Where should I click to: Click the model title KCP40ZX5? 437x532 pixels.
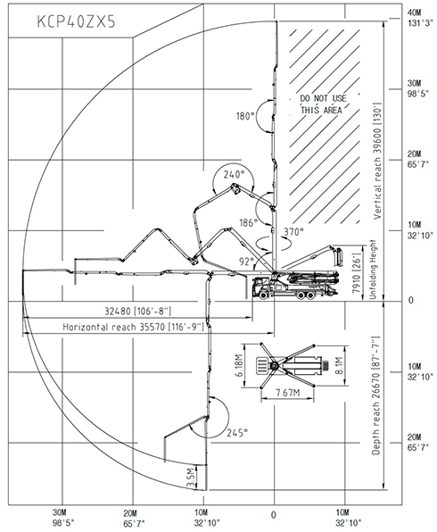pos(76,21)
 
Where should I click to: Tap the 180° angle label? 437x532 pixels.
pos(245,116)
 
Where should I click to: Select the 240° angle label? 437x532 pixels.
pos(234,174)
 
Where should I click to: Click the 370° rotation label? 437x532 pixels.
pos(293,232)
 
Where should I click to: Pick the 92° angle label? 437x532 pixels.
pos(246,262)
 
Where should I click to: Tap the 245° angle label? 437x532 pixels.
pos(237,433)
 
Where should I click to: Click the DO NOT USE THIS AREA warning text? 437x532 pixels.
pos(323,104)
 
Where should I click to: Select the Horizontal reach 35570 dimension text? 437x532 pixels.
pos(133,327)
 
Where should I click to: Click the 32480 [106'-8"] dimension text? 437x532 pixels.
pos(137,312)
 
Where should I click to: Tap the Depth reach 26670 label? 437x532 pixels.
pos(376,395)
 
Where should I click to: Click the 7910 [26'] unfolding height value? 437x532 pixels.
pos(356,273)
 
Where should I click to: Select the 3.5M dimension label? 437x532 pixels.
pos(192,478)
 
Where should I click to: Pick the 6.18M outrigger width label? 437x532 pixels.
pos(240,365)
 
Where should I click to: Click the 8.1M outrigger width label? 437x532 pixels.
pos(339,365)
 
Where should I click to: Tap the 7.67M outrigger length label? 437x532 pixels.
pos(287,393)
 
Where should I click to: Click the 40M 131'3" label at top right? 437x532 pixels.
pos(420,18)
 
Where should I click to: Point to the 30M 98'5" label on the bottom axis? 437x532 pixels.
pos(63,518)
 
